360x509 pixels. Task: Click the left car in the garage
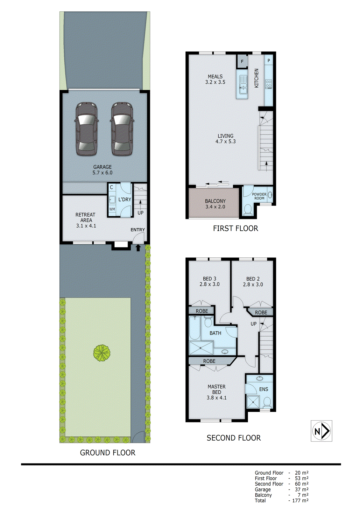(x=86, y=129)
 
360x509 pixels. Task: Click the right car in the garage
(x=122, y=129)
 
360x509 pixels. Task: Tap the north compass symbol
(x=321, y=431)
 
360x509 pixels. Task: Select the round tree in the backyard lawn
(x=102, y=353)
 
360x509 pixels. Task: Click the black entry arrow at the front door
(x=138, y=248)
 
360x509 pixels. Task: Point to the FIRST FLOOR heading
(x=236, y=228)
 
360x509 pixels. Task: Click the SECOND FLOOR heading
(x=234, y=438)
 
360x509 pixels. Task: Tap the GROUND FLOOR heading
(x=108, y=453)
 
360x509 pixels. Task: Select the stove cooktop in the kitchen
(x=269, y=84)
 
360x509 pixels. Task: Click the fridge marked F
(x=242, y=61)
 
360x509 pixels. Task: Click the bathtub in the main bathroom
(x=194, y=328)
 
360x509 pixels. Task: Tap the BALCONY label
(x=215, y=201)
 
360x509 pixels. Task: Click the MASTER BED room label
(x=216, y=389)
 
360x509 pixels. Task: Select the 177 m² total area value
(x=300, y=500)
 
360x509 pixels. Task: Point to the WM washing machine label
(x=112, y=209)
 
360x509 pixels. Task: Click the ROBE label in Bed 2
(x=261, y=312)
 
